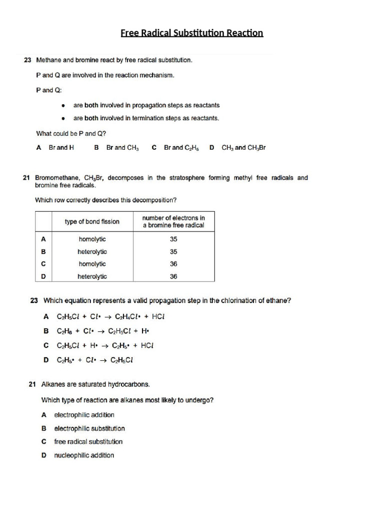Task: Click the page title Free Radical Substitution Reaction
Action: point(191,33)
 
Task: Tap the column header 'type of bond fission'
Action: point(92,222)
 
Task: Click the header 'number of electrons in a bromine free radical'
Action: point(173,222)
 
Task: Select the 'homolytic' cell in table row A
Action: point(92,240)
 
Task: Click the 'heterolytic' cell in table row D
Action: point(92,276)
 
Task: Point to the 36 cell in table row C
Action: point(173,264)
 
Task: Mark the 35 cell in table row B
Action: point(173,252)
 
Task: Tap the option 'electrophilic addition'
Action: point(84,415)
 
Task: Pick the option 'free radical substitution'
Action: point(88,442)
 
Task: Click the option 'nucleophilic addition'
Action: point(84,455)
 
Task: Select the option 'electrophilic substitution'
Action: point(89,429)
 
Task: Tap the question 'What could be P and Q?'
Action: point(71,134)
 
